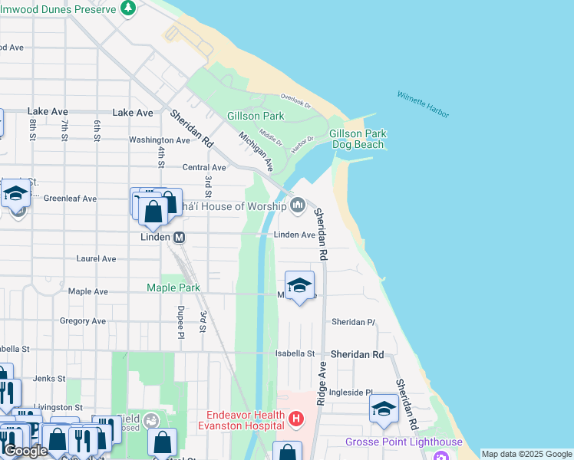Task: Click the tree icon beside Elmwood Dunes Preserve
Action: click(128, 8)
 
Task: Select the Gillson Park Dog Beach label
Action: click(357, 139)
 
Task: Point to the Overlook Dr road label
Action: click(295, 98)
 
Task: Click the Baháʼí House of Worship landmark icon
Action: click(299, 205)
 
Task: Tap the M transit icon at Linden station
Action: click(180, 237)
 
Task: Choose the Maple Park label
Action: click(173, 287)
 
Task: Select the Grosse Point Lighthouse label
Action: click(404, 442)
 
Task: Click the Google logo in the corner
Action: click(25, 451)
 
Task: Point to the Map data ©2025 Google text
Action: click(526, 454)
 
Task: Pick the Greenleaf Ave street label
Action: click(70, 198)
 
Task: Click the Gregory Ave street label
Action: click(82, 321)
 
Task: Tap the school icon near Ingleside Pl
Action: click(384, 409)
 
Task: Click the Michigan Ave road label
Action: click(256, 150)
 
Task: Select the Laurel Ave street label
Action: click(96, 259)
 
